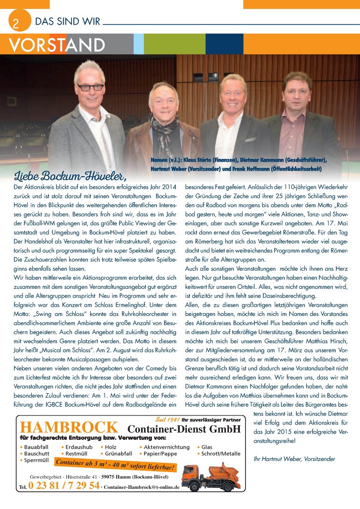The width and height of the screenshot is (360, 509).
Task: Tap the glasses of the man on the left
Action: pos(90,87)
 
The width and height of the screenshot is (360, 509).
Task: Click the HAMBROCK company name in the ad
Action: pos(69,427)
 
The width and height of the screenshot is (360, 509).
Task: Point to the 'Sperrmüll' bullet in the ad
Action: pos(36,460)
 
